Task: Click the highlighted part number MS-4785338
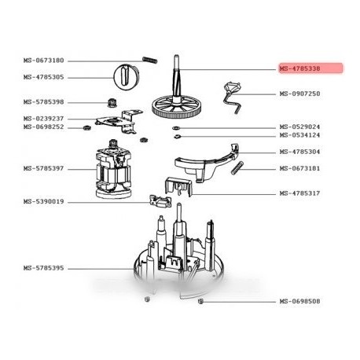[x=299, y=68]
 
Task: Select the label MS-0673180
[x=43, y=61]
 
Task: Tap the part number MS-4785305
[x=43, y=77]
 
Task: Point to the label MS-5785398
[x=43, y=102]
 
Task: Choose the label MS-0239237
[x=43, y=119]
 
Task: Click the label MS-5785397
[x=43, y=168]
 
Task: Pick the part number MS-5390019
[x=43, y=201]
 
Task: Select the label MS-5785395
[x=43, y=268]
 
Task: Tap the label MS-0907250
[x=299, y=94]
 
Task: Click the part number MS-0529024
[x=299, y=127]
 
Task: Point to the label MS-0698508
[x=299, y=301]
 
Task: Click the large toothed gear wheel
[x=175, y=108]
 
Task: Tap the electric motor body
[x=113, y=170]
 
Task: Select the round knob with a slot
[x=126, y=78]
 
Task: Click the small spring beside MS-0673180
[x=150, y=60]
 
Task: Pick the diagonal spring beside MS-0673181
[x=238, y=168]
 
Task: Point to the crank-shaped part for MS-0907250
[x=233, y=97]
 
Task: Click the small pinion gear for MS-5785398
[x=112, y=103]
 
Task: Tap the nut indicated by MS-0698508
[x=201, y=301]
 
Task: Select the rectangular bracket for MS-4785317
[x=178, y=186]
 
